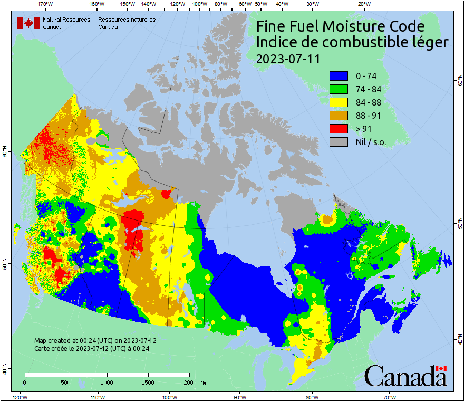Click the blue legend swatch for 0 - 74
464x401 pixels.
click(338, 76)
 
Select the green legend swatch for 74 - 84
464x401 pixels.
click(338, 89)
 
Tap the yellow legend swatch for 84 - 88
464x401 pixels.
click(338, 102)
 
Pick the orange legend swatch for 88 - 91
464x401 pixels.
click(338, 116)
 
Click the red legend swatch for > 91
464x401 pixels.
click(338, 129)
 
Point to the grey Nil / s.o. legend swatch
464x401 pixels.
click(338, 142)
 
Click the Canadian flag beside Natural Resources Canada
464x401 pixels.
click(28, 23)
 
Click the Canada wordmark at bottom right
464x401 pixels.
click(405, 376)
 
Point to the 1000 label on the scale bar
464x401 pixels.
click(107, 382)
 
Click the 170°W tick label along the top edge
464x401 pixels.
click(46, 4)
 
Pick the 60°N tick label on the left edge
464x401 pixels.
click(4, 154)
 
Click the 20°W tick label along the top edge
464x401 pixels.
click(363, 4)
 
